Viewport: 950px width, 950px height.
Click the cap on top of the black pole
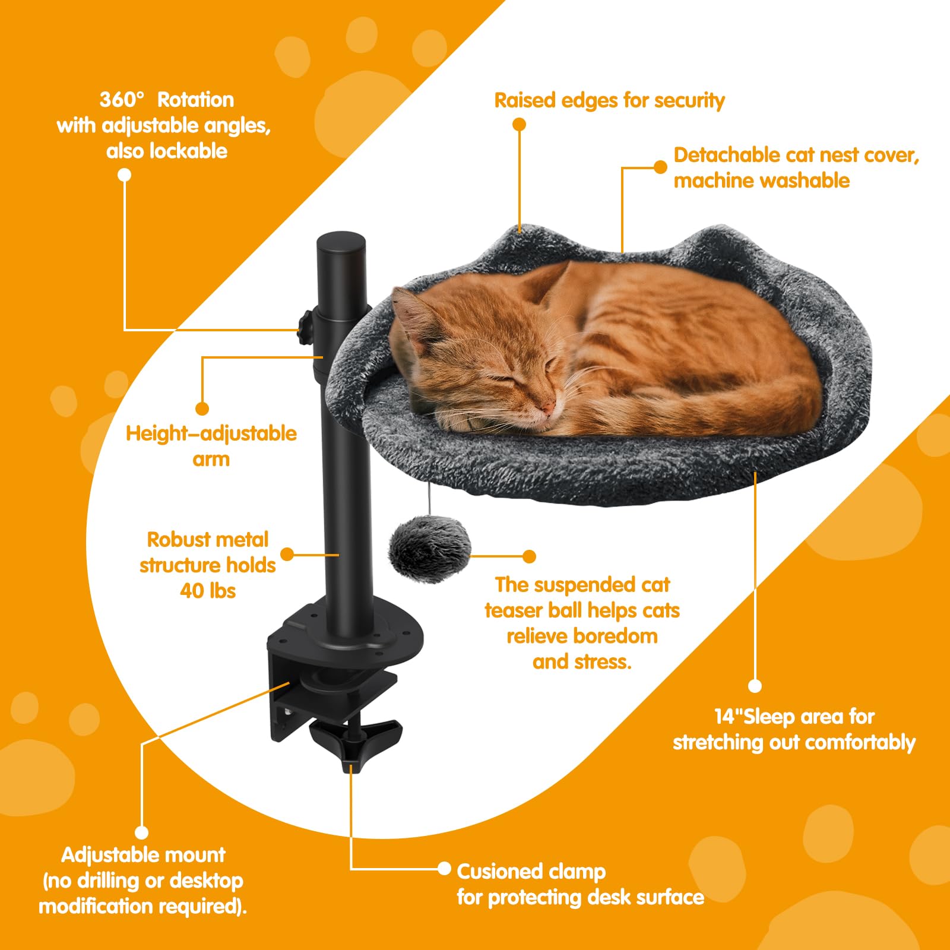coord(341,243)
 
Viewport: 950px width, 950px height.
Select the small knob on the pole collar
coord(306,326)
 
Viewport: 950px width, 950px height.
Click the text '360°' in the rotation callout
coord(122,100)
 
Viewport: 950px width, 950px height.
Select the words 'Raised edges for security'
coord(609,101)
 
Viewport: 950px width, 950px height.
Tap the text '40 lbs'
coord(208,591)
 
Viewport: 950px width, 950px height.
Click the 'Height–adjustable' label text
coord(211,433)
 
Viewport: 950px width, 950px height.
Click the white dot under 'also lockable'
coord(124,175)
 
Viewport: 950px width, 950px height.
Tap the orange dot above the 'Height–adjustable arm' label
coord(202,408)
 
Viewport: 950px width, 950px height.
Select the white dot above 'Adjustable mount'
coord(141,832)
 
